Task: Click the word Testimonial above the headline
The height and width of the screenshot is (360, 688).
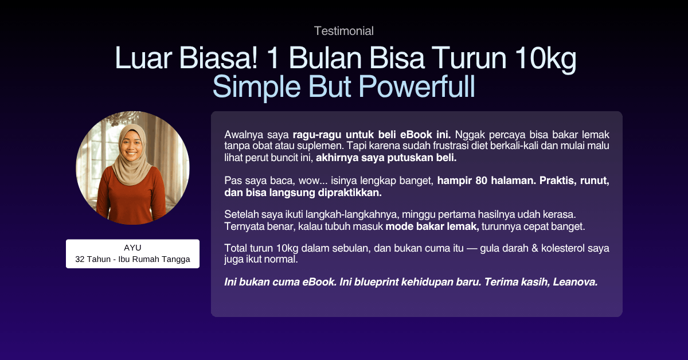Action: [343, 31]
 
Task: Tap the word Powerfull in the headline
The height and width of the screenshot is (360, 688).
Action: [417, 87]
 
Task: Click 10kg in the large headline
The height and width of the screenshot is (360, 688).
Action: [545, 59]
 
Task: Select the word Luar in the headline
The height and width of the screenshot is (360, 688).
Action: [143, 58]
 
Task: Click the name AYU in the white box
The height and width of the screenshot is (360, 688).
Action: [132, 248]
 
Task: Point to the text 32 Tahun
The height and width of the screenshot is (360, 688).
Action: [93, 259]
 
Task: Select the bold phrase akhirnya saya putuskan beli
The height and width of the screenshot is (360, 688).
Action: [386, 158]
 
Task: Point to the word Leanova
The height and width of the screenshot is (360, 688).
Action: [575, 281]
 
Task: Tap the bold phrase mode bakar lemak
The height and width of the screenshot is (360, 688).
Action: [432, 226]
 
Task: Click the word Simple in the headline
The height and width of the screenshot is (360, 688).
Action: [256, 88]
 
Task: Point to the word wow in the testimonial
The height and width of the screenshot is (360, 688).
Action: [311, 181]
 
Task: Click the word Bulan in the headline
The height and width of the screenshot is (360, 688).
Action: [325, 58]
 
